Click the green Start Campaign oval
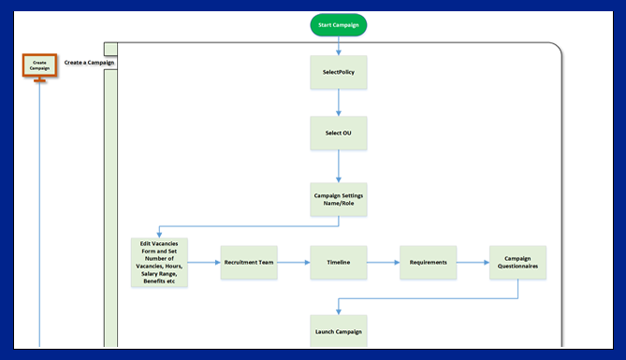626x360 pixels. coord(338,24)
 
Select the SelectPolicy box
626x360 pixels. coord(338,72)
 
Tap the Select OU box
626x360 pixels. coord(338,133)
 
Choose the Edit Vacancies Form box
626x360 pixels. coord(159,263)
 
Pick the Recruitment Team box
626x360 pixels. coord(248,263)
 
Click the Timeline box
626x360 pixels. coord(338,263)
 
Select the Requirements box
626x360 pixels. coord(427,263)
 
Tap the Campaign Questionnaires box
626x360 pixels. coord(517,263)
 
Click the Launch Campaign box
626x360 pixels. coord(338,331)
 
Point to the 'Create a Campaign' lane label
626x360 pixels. coord(91,62)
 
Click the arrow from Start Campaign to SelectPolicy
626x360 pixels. coord(338,45)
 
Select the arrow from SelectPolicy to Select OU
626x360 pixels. coord(338,103)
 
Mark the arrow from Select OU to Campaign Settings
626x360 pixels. coord(338,166)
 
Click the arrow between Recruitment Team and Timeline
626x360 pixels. coord(293,263)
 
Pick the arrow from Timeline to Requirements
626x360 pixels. coord(382,263)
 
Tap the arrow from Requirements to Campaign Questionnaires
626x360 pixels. coord(472,263)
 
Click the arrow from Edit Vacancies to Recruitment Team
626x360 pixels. coord(204,263)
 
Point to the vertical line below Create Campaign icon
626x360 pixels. coord(39,215)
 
